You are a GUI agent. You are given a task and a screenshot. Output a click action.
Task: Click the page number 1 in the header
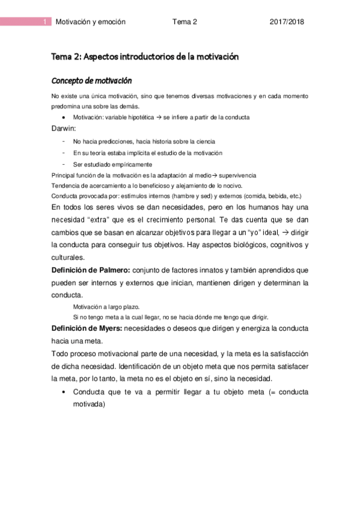pyautogui.click(x=46, y=22)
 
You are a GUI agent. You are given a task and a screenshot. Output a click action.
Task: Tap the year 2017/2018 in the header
pyautogui.click(x=287, y=22)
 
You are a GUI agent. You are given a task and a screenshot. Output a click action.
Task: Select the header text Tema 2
pyautogui.click(x=185, y=22)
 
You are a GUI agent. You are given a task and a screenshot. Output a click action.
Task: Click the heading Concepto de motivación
pyautogui.click(x=91, y=81)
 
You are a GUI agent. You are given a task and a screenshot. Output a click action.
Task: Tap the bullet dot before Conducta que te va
pyautogui.click(x=64, y=392)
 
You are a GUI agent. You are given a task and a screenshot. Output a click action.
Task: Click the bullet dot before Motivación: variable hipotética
pyautogui.click(x=64, y=117)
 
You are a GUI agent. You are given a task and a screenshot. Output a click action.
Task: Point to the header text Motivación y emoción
pyautogui.click(x=90, y=22)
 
